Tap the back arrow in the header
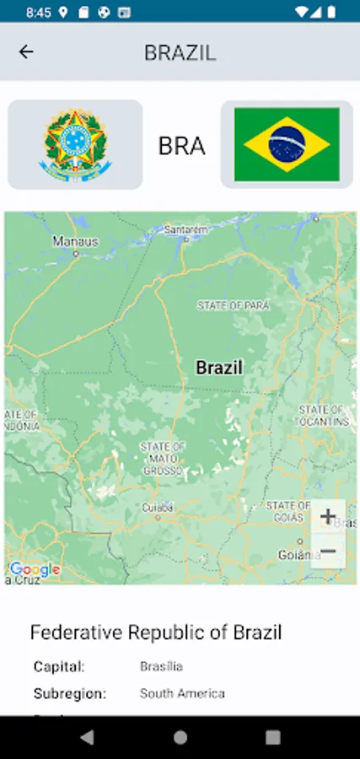[x=26, y=52]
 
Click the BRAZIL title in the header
[x=180, y=52]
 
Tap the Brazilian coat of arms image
[x=75, y=144]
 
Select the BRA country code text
[x=181, y=146]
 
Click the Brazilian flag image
[x=287, y=144]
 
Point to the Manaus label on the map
[x=76, y=241]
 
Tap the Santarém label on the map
[x=185, y=229]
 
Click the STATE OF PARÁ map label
[x=234, y=305]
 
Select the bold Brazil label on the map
[x=219, y=368]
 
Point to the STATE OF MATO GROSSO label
[x=163, y=458]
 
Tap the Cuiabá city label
[x=158, y=508]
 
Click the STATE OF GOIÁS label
[x=288, y=511]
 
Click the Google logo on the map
[x=35, y=569]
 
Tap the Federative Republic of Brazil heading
[x=156, y=632]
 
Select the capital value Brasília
[x=161, y=666]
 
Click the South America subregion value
[x=182, y=693]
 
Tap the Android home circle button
[x=180, y=737]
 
